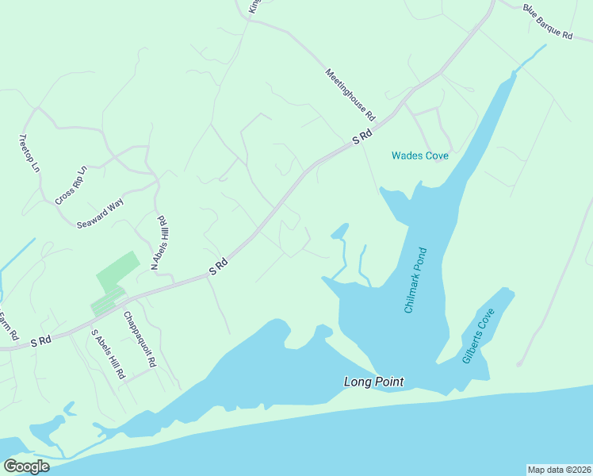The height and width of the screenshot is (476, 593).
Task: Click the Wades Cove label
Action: coord(419,155)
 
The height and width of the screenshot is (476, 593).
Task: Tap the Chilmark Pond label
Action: coord(416,279)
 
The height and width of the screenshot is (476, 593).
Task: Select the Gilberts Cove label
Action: coord(478,336)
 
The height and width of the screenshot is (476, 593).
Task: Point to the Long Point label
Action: coord(373,382)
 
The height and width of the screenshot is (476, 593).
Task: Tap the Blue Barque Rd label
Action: coord(547,22)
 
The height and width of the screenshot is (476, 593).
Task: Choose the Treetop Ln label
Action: coord(29,152)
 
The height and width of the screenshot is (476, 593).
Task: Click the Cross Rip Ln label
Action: coord(71,186)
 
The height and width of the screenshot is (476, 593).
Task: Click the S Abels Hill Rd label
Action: coord(109,353)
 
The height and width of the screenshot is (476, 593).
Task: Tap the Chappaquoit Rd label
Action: coord(140,339)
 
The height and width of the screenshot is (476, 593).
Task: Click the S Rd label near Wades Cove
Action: coord(362,138)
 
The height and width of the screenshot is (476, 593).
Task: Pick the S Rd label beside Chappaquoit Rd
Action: coord(219,267)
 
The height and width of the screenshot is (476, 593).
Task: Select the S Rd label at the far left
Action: coord(40,341)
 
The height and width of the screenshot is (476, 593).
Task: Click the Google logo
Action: coord(26,466)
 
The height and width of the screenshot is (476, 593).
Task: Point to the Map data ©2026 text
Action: coord(559,469)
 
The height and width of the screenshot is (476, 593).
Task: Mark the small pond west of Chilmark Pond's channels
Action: coord(339,232)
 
